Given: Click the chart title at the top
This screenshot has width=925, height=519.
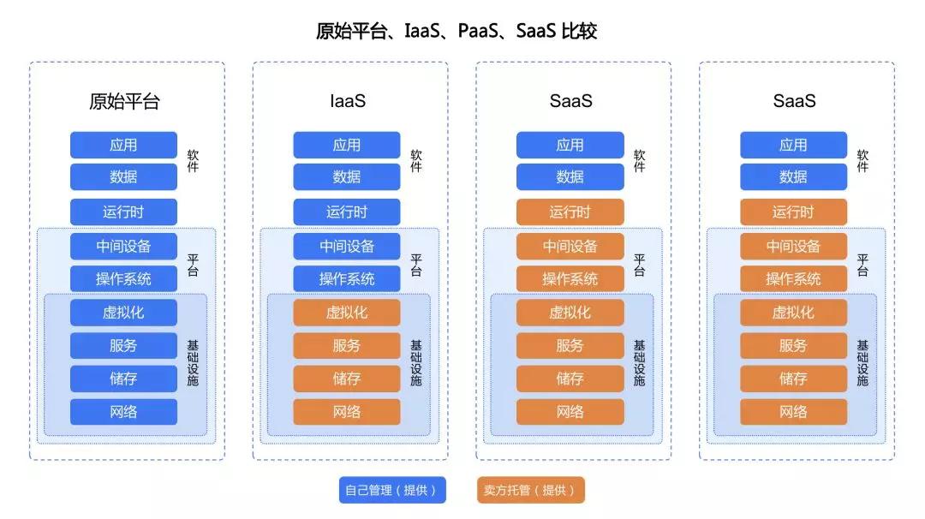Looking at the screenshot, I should (x=457, y=32).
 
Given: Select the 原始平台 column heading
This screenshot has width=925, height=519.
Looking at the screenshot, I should (x=124, y=101).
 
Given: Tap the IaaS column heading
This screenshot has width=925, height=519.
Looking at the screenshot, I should (x=347, y=101).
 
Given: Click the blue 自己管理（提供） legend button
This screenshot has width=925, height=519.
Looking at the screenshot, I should (x=391, y=490).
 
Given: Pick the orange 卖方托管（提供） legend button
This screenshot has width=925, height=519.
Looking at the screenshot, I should (x=530, y=490).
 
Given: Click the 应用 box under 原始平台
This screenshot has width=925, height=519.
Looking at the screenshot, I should (x=123, y=145).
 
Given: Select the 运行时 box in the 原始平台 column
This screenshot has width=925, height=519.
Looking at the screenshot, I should (x=123, y=212).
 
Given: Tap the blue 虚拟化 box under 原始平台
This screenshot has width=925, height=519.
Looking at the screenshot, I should (x=123, y=312).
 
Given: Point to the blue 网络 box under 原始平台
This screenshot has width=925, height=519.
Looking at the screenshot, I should (x=123, y=412).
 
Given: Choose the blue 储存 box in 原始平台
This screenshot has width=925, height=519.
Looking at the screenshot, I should (x=123, y=379).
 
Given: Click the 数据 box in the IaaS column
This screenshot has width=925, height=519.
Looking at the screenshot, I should (x=347, y=177).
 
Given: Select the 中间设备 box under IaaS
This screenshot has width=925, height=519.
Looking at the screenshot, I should (x=347, y=246).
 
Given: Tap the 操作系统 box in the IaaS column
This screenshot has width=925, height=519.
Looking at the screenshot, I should (x=347, y=278).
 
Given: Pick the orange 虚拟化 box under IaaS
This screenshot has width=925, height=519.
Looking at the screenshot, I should (x=347, y=312).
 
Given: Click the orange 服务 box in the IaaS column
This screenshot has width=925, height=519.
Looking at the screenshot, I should (x=347, y=345).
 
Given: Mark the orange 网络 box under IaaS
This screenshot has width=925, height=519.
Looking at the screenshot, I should (x=347, y=412).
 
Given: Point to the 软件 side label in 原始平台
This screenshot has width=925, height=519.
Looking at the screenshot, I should (x=193, y=161).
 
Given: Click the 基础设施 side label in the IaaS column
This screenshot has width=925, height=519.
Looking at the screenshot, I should (x=416, y=362).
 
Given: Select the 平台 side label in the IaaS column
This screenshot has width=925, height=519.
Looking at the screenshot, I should (x=416, y=264).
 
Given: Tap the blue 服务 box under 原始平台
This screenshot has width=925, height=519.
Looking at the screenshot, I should (x=123, y=345).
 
